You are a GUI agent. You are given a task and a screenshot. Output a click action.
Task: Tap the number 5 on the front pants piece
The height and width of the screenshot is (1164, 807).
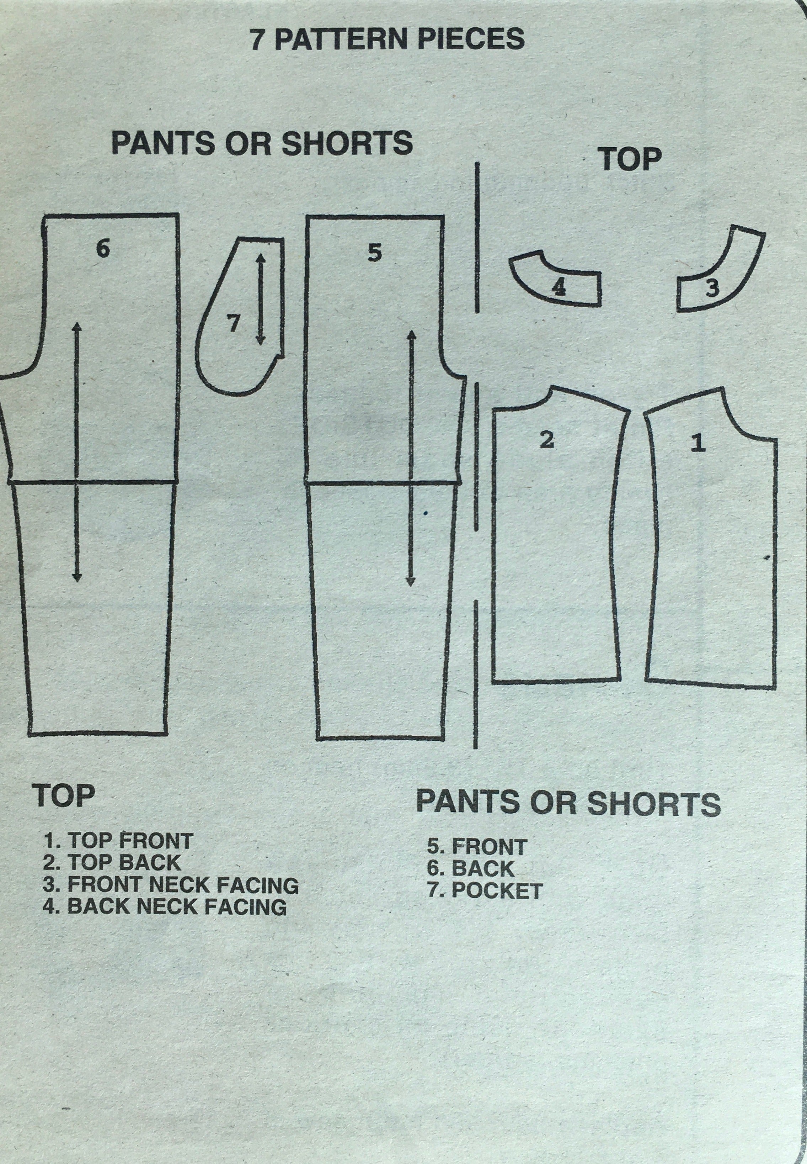click(374, 253)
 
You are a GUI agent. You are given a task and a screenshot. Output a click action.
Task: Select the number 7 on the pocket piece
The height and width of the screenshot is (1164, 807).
click(233, 322)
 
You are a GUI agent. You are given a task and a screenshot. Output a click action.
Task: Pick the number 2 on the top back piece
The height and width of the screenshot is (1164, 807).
click(547, 440)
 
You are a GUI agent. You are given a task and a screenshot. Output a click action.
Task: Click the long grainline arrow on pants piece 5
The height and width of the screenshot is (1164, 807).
click(410, 458)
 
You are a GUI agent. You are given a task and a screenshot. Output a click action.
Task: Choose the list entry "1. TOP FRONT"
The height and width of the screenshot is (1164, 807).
click(118, 841)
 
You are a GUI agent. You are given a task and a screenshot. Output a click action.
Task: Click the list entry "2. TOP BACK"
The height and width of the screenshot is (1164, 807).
click(112, 862)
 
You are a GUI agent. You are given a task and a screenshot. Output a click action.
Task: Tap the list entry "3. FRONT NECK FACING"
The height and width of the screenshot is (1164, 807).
click(171, 885)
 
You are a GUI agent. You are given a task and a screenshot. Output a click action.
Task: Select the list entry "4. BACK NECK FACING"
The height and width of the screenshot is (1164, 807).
click(165, 906)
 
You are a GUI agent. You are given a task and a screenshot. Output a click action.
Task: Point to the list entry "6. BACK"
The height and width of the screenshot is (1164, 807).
click(471, 868)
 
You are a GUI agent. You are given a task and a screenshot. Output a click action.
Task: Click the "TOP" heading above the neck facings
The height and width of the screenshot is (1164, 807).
click(631, 159)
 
